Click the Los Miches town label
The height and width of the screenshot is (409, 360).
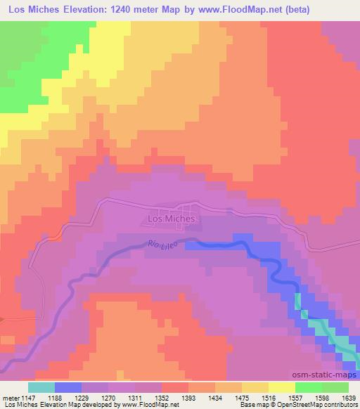click(x=172, y=219)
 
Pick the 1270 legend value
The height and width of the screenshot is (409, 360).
click(x=108, y=398)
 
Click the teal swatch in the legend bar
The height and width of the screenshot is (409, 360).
click(x=41, y=387)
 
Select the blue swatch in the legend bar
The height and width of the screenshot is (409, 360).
click(x=68, y=387)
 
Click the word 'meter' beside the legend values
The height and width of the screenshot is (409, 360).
click(x=10, y=398)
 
